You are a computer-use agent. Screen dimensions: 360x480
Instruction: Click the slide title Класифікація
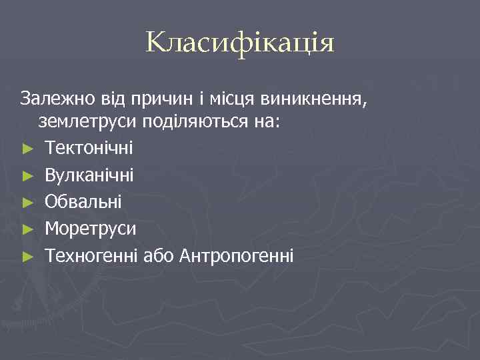[x=240, y=44]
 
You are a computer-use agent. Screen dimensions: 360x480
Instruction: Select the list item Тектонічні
[x=89, y=149]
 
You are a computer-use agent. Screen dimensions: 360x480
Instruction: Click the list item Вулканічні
[x=89, y=175]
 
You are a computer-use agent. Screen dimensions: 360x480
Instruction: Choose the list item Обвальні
[x=83, y=202]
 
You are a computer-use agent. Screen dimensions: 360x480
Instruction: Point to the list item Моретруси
[x=90, y=229]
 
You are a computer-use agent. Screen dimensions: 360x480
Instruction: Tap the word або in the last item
[x=159, y=255]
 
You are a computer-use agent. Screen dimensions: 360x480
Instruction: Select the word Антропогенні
[x=236, y=255]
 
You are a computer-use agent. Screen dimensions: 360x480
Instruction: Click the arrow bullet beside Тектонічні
[x=27, y=149]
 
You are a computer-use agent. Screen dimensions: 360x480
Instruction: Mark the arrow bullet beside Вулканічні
[x=27, y=176]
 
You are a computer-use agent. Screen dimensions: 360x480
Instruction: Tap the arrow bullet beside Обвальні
[x=27, y=203]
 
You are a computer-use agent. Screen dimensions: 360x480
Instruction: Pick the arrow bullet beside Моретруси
[x=27, y=229]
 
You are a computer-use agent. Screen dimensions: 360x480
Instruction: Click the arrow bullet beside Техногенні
[x=27, y=256]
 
